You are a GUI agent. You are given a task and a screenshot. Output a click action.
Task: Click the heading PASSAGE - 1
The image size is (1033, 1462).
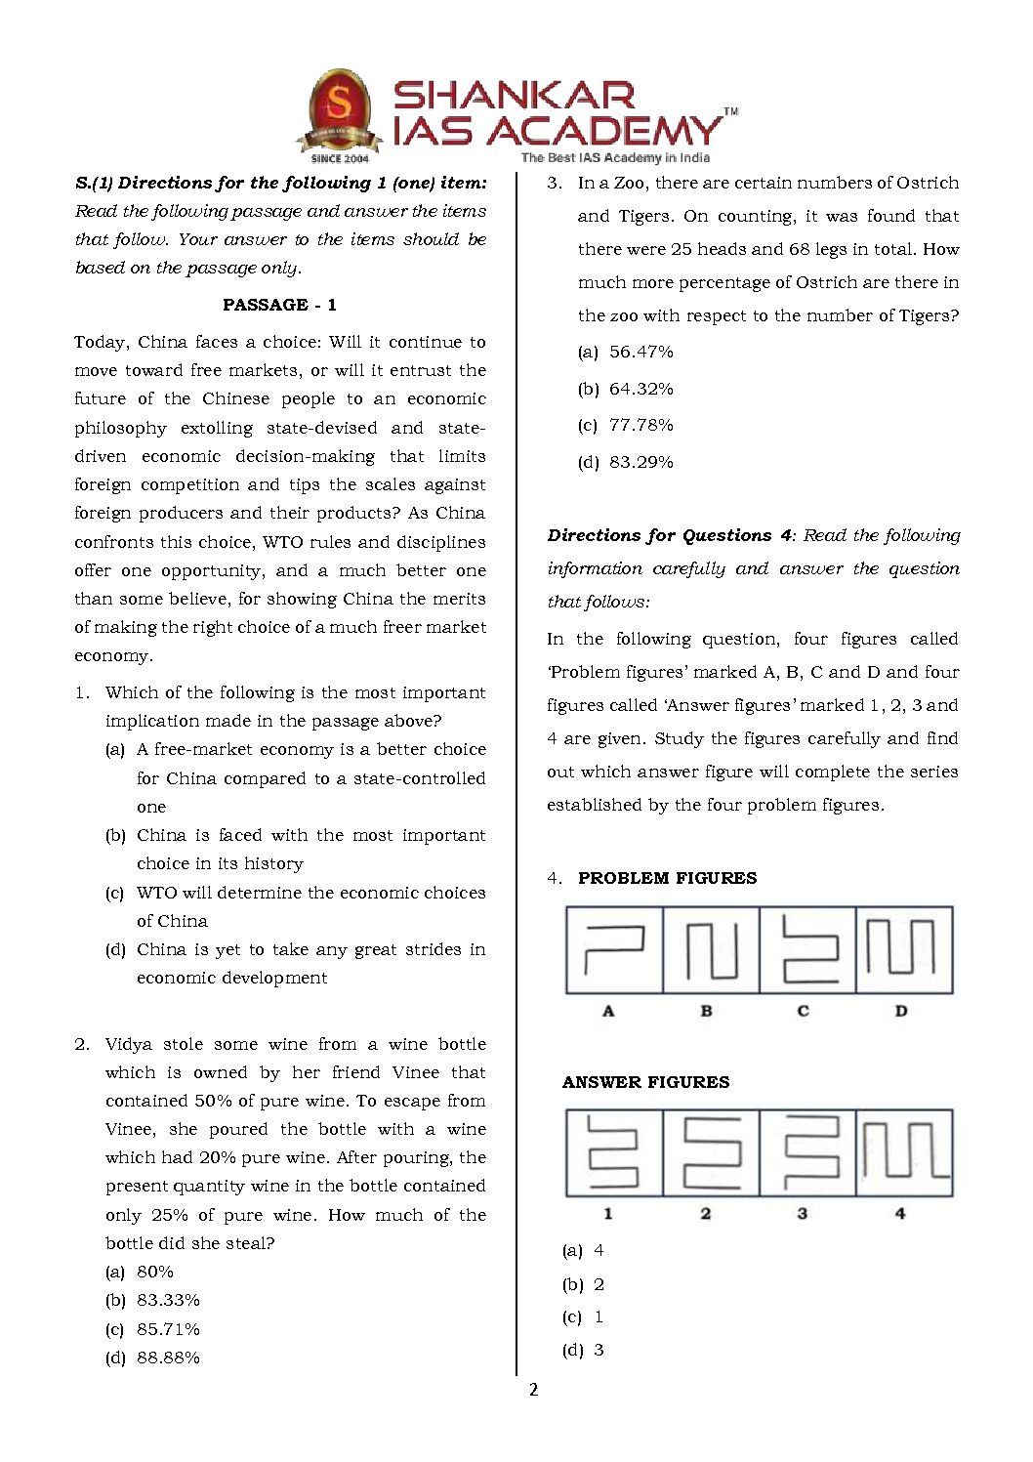(279, 305)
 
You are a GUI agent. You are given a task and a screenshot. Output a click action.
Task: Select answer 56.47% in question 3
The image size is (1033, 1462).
(640, 352)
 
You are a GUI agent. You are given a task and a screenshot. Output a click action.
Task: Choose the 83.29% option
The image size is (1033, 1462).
(640, 462)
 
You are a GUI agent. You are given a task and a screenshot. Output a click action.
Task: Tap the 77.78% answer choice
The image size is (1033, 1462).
(640, 425)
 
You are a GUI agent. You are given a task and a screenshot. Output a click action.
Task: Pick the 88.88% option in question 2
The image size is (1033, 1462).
(168, 1358)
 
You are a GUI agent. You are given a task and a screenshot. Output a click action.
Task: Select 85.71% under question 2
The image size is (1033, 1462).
(168, 1329)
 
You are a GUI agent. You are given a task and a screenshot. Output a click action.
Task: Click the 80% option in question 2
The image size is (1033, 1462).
(155, 1272)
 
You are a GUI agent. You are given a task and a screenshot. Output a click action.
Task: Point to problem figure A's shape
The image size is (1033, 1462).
(614, 949)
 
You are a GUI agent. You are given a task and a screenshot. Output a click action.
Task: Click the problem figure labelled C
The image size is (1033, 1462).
(807, 949)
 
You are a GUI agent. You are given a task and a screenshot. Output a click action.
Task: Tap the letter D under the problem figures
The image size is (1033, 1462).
(901, 1011)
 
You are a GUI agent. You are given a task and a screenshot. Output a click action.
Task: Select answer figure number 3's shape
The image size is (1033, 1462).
(807, 1152)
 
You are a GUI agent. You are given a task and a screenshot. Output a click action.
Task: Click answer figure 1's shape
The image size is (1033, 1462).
(613, 1152)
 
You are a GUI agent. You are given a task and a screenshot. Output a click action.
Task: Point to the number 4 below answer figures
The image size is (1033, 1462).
(900, 1213)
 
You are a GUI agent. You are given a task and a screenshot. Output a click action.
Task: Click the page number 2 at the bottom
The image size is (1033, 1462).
(533, 1390)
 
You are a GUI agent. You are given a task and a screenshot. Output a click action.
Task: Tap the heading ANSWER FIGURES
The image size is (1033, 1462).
(645, 1082)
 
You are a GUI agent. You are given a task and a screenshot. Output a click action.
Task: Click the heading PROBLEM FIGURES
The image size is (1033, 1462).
(667, 878)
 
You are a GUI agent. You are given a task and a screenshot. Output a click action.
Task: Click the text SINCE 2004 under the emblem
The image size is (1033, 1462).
(340, 158)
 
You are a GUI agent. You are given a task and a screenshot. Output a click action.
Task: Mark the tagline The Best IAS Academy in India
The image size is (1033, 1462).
(615, 157)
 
